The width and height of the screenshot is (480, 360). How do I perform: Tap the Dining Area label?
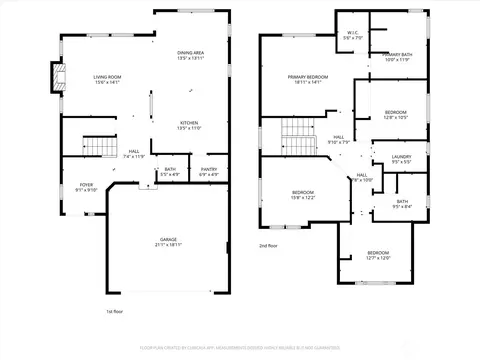tap(190, 52)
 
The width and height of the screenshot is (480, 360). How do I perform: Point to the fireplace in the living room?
tap(57, 79)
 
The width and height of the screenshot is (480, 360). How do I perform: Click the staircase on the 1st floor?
tap(99, 146)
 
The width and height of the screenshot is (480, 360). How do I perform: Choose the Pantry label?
tap(208, 170)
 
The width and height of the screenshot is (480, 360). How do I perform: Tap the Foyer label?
tap(86, 185)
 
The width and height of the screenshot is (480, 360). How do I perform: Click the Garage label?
tap(168, 240)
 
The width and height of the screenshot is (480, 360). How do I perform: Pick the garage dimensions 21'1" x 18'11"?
tap(168, 246)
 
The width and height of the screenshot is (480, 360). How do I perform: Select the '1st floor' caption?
tap(114, 312)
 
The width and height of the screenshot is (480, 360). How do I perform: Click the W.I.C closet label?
tap(352, 33)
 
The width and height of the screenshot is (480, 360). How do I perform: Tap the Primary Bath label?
tap(396, 55)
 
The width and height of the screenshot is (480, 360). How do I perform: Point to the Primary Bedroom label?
tap(308, 77)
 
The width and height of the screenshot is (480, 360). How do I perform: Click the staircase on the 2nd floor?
tap(297, 128)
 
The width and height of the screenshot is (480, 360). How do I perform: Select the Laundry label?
tap(401, 156)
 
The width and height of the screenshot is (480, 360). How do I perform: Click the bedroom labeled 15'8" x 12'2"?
tap(303, 194)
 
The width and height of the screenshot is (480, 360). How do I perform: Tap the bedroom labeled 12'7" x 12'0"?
tap(377, 255)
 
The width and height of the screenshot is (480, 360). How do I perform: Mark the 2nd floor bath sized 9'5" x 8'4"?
tap(401, 204)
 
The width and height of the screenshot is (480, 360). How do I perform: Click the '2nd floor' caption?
tap(268, 245)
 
